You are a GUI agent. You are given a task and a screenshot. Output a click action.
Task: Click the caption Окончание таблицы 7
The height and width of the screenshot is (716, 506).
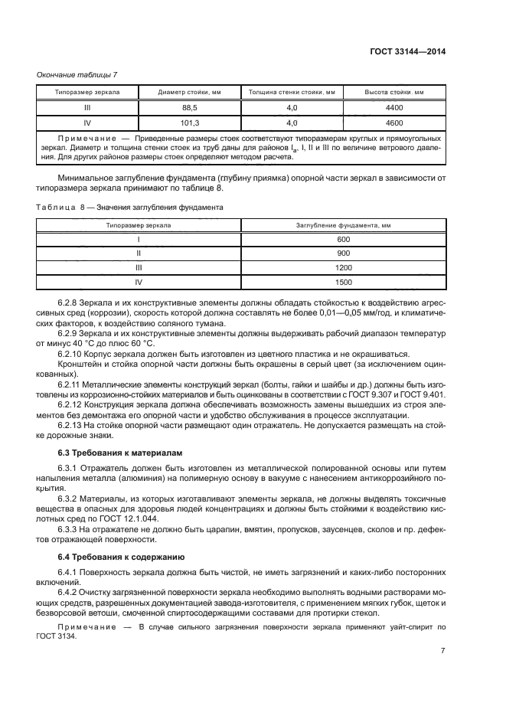77,74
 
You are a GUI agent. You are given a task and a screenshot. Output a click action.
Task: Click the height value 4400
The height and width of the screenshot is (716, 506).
394,107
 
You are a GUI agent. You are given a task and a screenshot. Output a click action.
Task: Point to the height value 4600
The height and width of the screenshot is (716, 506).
394,122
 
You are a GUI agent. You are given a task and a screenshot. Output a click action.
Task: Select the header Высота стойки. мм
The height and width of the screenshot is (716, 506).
394,93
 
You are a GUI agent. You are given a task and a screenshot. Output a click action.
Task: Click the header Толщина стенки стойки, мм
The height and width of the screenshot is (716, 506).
291,93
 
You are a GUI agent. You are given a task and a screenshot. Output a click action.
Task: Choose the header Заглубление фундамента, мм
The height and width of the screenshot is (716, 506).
343,225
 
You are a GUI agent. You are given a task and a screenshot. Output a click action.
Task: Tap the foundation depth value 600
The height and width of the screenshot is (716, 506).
343,240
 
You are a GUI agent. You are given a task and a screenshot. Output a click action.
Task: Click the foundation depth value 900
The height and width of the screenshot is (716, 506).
343,253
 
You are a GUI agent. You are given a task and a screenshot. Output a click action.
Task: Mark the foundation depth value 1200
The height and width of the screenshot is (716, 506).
343,268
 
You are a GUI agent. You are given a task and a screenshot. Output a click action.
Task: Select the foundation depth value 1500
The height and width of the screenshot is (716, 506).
343,282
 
